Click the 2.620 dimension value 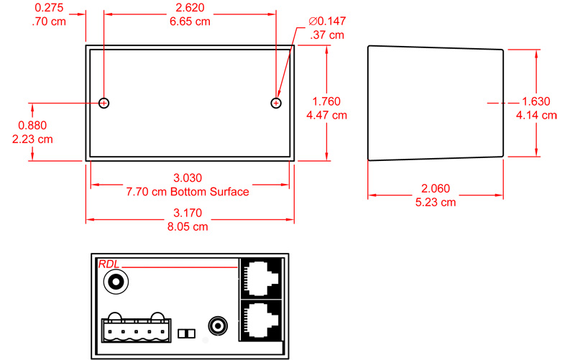point(190,8)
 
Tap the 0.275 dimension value point(49,8)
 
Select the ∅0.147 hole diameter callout point(327,22)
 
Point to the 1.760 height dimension point(326,101)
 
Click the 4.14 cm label point(536,116)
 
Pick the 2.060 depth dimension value point(436,188)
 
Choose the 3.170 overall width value point(188,213)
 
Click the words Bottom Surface point(210,192)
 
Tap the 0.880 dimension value point(32,125)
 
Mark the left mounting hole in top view point(103,103)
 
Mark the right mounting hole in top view point(276,103)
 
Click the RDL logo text point(109,264)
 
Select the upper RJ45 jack point(261,278)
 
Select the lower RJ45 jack point(261,320)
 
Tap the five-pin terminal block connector point(136,329)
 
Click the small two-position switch point(186,333)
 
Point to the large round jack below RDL point(116,282)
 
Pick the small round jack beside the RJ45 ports point(218,326)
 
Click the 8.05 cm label point(188,227)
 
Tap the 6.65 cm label point(190,22)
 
